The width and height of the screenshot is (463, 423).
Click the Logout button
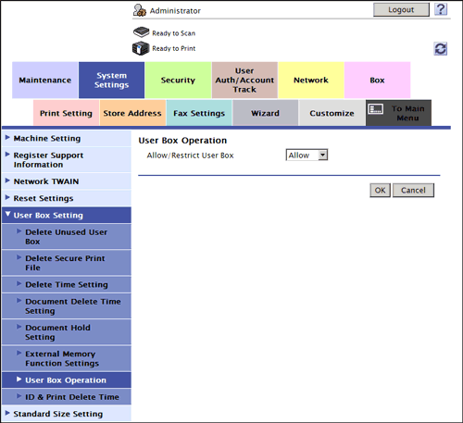tap(401, 10)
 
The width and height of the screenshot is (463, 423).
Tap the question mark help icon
tap(441, 9)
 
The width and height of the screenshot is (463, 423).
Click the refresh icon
tap(441, 49)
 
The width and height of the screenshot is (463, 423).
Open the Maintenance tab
tap(45, 81)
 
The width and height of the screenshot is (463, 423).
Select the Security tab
tap(178, 81)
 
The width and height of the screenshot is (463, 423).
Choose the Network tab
tap(311, 81)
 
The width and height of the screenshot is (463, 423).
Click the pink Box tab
tap(377, 81)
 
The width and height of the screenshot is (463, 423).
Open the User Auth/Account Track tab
tap(244, 81)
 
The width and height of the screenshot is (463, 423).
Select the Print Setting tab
tap(66, 113)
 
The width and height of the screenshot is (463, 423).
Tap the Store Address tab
tap(132, 113)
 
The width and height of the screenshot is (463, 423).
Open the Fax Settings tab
tap(199, 113)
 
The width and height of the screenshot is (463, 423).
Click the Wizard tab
tap(266, 113)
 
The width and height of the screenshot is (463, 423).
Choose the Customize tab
tap(332, 113)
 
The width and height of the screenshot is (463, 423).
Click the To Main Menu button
tap(398, 113)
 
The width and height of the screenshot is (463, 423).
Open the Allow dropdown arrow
tap(322, 155)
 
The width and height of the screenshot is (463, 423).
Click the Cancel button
tap(413, 190)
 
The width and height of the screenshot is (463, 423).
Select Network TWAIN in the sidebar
tap(46, 181)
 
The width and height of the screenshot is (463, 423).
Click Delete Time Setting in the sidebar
tap(67, 284)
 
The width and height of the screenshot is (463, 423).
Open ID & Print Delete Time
tap(72, 397)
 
